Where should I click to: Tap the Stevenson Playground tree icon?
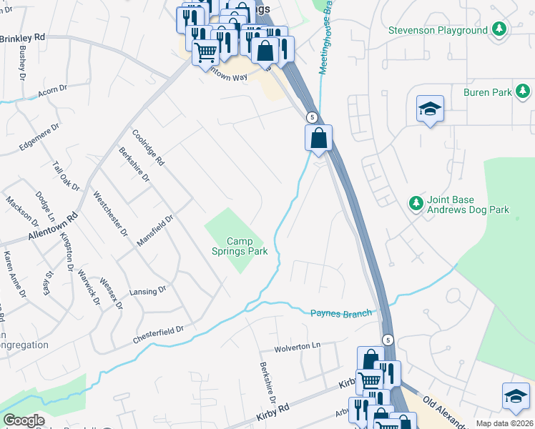pyautogui.click(x=499, y=29)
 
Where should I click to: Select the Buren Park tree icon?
pyautogui.click(x=524, y=92)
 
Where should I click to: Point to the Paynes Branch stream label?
pyautogui.click(x=342, y=313)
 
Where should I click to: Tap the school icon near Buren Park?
pyautogui.click(x=430, y=109)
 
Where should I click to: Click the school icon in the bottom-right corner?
pyautogui.click(x=516, y=396)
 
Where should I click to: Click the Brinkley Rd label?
pyautogui.click(x=23, y=36)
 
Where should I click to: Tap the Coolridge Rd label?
pyautogui.click(x=148, y=147)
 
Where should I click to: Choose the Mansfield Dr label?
pyautogui.click(x=155, y=231)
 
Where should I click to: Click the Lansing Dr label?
pyautogui.click(x=148, y=290)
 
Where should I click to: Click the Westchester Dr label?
pyautogui.click(x=109, y=212)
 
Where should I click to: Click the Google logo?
pyautogui.click(x=24, y=421)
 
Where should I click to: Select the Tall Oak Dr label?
pyautogui.click(x=65, y=174)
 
